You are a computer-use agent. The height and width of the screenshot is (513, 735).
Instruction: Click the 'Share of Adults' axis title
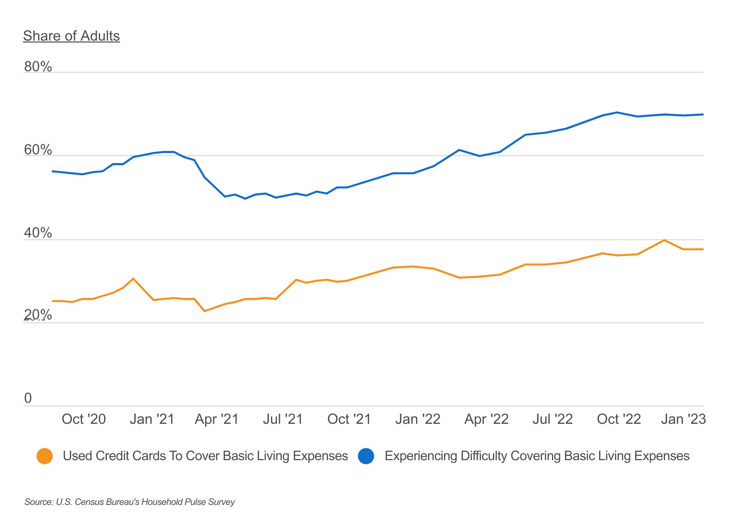71,36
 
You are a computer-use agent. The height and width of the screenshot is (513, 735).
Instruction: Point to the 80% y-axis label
38,67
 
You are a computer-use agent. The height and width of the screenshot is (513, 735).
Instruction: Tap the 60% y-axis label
38,150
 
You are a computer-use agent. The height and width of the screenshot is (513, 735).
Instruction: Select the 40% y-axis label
38,233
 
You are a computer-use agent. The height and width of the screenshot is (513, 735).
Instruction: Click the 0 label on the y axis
28,399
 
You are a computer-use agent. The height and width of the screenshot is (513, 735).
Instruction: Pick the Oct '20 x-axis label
83,419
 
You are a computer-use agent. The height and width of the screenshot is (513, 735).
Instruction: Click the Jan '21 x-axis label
152,419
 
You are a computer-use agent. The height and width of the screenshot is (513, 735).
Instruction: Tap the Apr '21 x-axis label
217,419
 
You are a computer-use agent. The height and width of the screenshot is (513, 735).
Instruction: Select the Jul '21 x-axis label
283,419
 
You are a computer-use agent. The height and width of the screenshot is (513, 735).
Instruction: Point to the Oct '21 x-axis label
349,419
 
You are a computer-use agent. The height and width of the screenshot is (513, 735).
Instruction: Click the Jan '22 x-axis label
418,419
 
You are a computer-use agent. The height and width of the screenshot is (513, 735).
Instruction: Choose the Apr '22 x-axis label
486,419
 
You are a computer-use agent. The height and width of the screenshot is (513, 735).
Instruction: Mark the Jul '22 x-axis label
552,419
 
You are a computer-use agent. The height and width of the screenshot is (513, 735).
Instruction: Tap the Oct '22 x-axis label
619,419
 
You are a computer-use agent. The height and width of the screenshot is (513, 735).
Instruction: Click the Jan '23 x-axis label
683,419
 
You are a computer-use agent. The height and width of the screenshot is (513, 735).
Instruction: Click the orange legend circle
44,456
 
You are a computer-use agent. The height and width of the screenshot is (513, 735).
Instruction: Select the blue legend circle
366,456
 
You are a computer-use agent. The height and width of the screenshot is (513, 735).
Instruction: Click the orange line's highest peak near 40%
664,240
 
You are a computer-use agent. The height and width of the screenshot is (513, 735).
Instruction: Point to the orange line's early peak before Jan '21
133,279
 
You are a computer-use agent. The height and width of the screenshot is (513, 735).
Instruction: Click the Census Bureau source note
130,502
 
